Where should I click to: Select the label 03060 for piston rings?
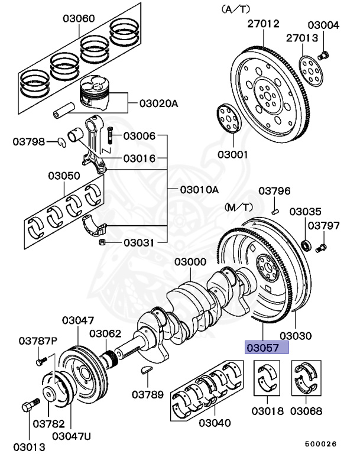79,18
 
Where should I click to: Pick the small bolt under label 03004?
323,56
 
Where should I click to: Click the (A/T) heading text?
235,9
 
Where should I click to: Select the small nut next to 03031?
103,242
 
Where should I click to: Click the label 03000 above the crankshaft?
190,262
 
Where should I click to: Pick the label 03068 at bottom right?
306,410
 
